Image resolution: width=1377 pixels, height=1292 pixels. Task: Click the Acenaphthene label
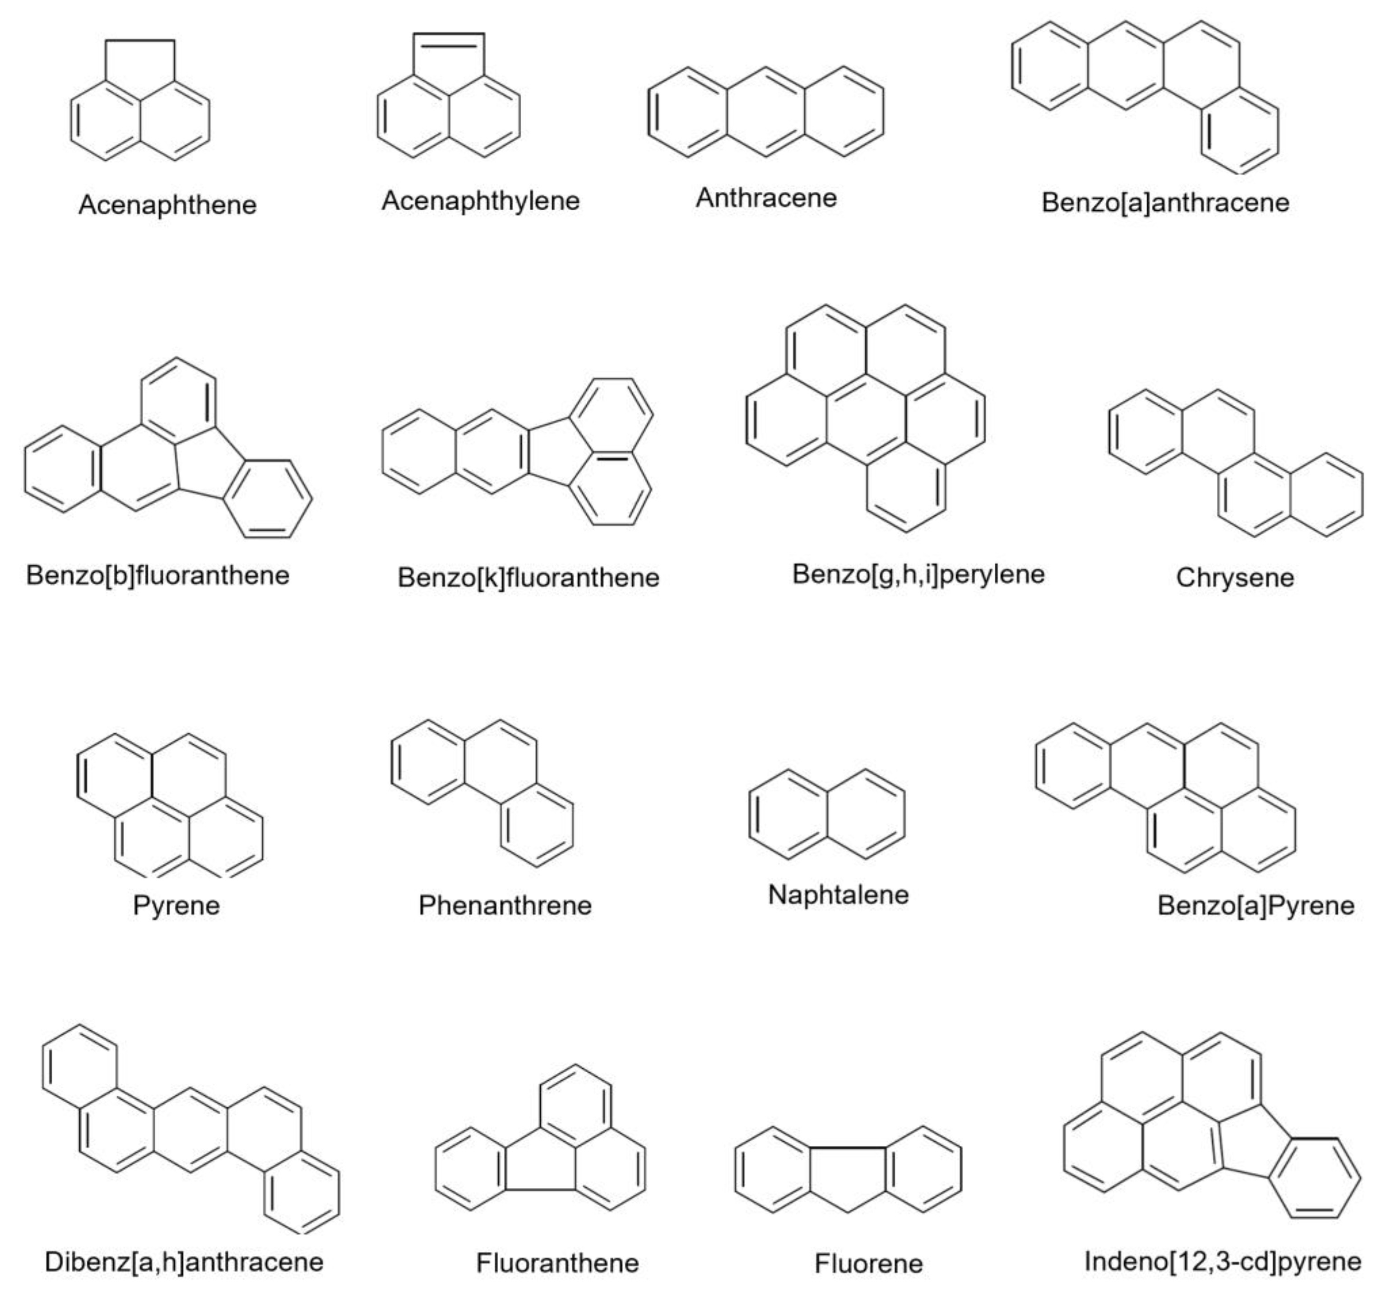coord(167,205)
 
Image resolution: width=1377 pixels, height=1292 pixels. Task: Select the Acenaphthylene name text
coord(480,201)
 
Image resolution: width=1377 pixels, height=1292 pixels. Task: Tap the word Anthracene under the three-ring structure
coord(766,198)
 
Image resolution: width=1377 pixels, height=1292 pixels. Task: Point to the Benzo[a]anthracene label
coord(1165,203)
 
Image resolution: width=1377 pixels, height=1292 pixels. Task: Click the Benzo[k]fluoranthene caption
coord(528,578)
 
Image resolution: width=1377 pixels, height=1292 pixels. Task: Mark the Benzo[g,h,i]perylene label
coord(918,574)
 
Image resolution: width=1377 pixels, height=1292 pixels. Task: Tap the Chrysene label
coord(1234,578)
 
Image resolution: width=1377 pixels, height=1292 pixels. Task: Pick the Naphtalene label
coord(838,894)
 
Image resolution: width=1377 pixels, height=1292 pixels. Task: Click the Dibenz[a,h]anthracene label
coord(184,1261)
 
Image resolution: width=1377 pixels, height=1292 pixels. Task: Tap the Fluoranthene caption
coord(557,1263)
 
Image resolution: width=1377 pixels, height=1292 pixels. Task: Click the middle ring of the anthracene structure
coord(766,112)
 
